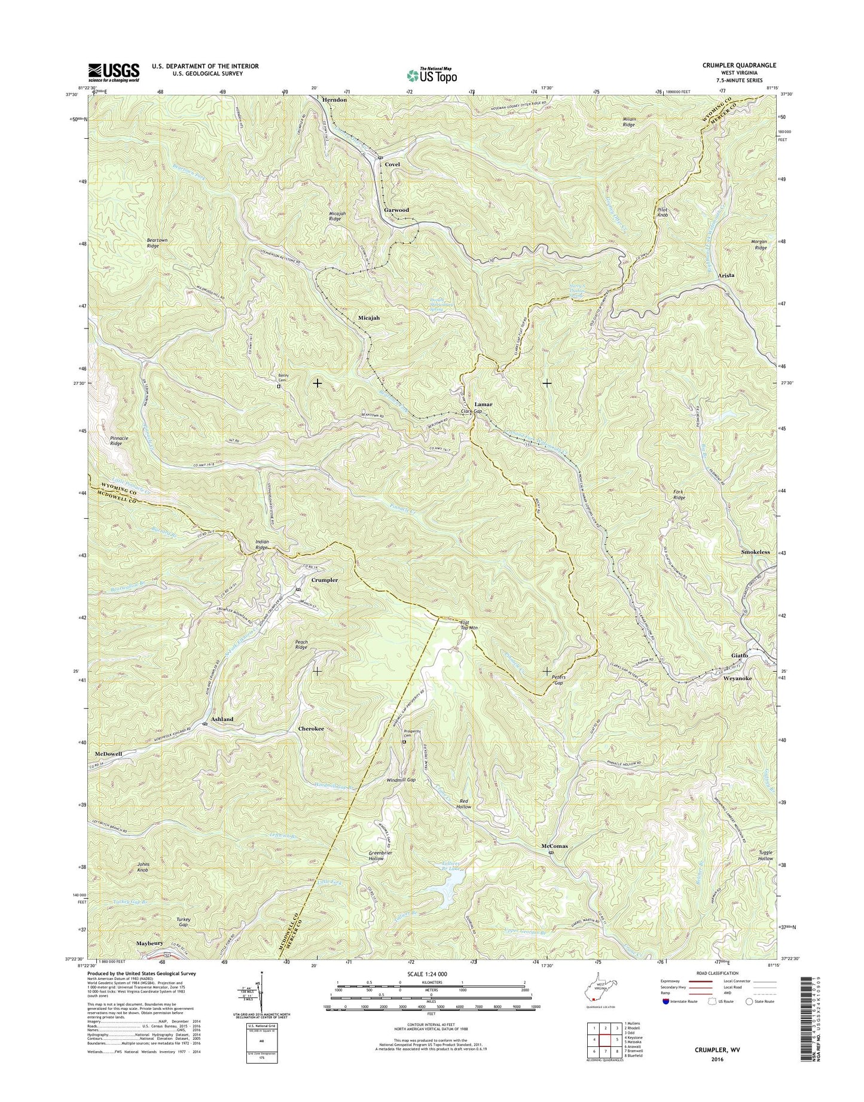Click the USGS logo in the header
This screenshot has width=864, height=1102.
click(114, 72)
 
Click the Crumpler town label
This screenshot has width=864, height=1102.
click(325, 580)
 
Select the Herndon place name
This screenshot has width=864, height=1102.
click(334, 100)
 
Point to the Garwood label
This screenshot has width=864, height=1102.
click(396, 210)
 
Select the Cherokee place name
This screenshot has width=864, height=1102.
click(311, 729)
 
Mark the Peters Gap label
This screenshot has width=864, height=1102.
click(558, 680)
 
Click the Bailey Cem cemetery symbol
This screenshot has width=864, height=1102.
click(278, 386)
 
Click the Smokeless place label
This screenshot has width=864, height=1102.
click(755, 552)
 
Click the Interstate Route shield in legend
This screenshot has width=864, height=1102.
click(667, 1018)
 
